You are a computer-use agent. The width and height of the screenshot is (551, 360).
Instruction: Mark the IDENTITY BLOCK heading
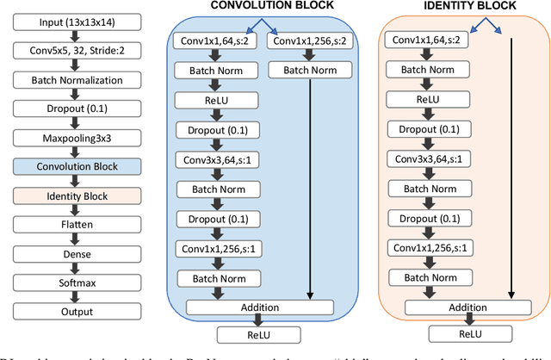(x=469, y=8)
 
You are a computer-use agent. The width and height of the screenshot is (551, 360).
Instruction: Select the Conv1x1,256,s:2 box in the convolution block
(x=306, y=41)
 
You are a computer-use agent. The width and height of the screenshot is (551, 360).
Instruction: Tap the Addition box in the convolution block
(x=258, y=307)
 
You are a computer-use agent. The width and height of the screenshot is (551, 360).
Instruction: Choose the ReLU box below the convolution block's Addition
(x=258, y=335)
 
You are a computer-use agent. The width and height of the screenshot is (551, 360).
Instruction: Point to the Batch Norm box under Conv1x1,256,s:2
(x=306, y=69)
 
